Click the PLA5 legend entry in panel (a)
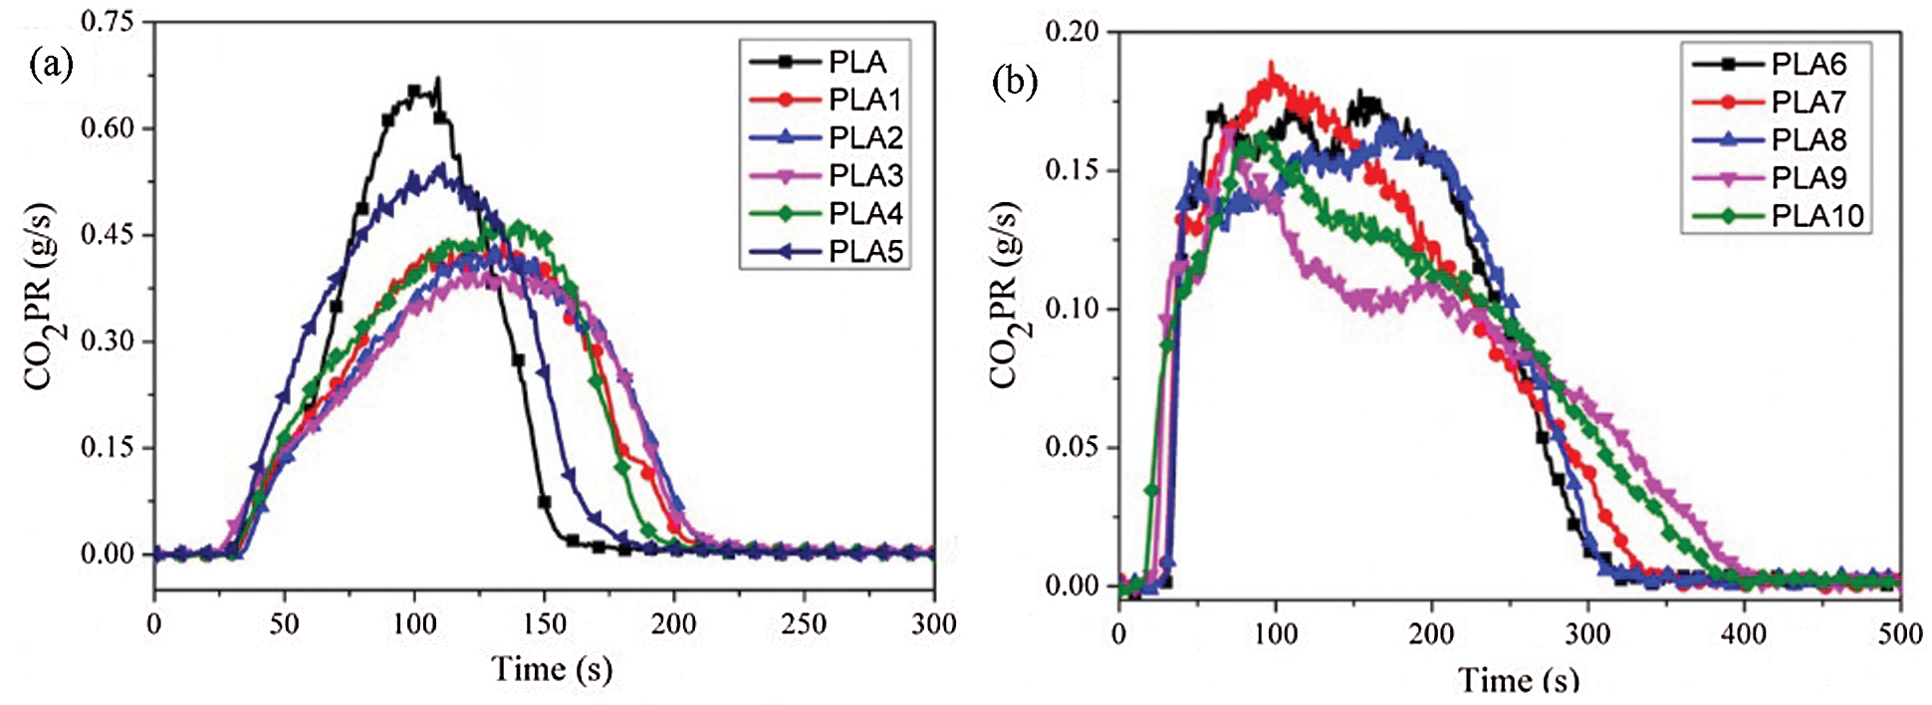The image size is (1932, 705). (x=864, y=251)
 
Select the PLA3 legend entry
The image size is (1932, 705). (x=864, y=175)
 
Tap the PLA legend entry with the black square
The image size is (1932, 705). (x=856, y=62)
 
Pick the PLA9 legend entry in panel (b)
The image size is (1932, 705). (x=1808, y=177)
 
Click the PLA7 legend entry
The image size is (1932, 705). (x=1808, y=102)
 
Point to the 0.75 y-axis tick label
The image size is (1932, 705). (x=107, y=22)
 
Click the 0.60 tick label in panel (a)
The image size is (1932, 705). (x=107, y=128)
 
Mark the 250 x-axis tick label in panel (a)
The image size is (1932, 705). (x=803, y=624)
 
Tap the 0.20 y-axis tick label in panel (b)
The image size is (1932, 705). (x=1073, y=32)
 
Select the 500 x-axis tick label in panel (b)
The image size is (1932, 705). (x=1899, y=634)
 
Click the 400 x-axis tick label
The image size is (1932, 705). (x=1744, y=634)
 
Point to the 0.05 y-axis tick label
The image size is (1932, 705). (x=1073, y=447)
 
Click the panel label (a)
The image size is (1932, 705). (x=52, y=64)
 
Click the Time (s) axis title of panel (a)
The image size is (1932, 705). (x=552, y=668)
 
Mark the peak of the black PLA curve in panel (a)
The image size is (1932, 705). (x=437, y=79)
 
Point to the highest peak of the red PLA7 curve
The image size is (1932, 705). (x=1271, y=65)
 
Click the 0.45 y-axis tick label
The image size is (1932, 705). (x=107, y=235)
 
